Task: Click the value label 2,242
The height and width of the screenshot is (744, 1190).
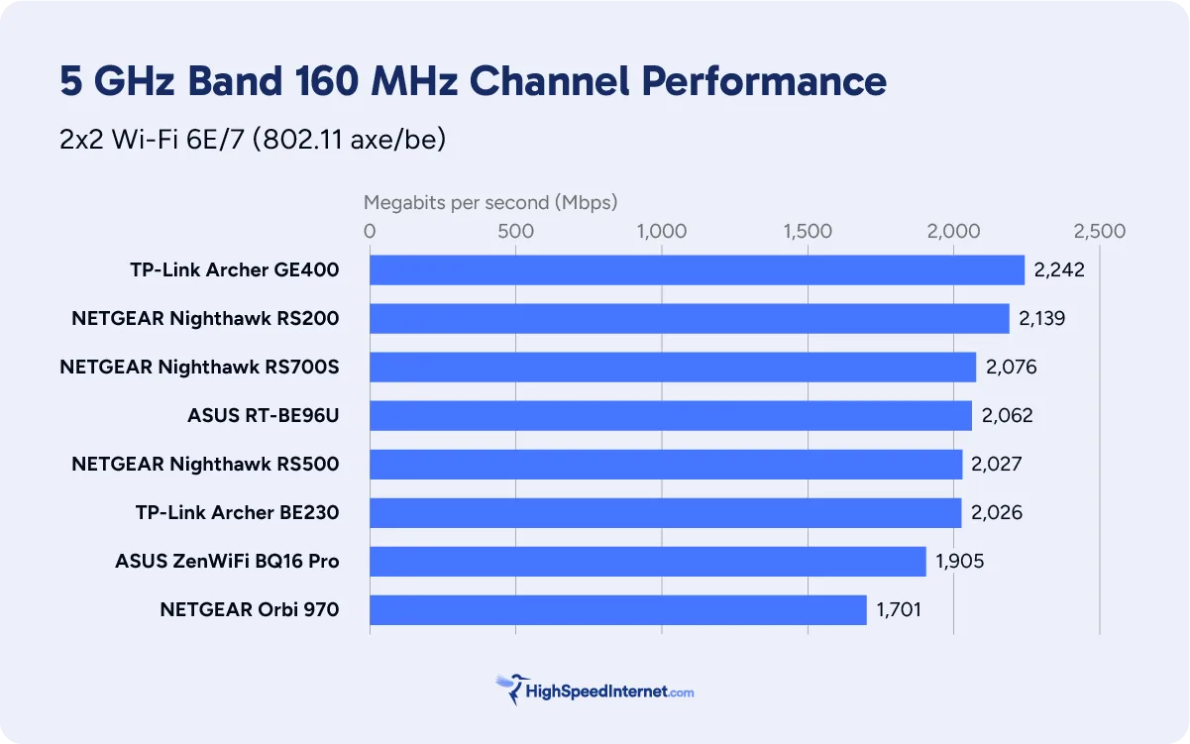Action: pyautogui.click(x=1059, y=270)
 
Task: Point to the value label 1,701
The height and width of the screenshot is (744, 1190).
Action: pyautogui.click(x=898, y=610)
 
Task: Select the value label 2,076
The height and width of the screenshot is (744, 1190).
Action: pyautogui.click(x=1011, y=368)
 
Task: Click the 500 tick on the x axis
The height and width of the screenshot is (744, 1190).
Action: pyautogui.click(x=516, y=232)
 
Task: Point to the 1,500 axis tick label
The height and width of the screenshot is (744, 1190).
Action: pyautogui.click(x=808, y=232)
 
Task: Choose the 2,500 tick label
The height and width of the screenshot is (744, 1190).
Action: pyautogui.click(x=1099, y=232)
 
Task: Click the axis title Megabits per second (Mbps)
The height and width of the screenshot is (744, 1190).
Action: pyautogui.click(x=490, y=203)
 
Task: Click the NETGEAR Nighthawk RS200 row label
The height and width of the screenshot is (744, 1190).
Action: pyautogui.click(x=205, y=319)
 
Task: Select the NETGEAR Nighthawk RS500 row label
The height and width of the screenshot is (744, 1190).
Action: pyautogui.click(x=205, y=465)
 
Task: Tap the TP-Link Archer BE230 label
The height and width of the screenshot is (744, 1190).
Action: pyautogui.click(x=237, y=513)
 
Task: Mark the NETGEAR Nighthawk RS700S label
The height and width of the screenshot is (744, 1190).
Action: pyautogui.click(x=199, y=368)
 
